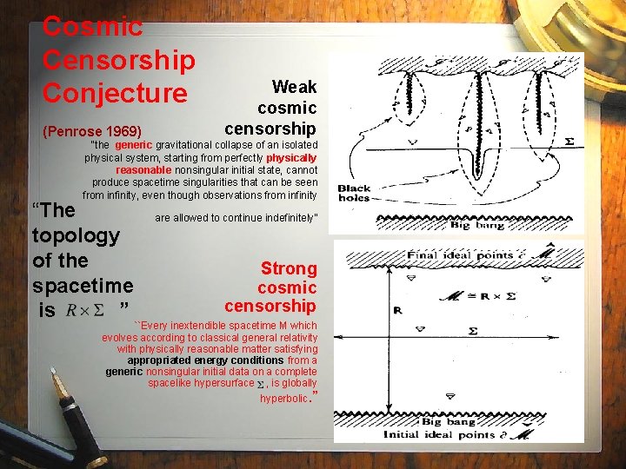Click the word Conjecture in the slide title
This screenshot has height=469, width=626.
(x=115, y=92)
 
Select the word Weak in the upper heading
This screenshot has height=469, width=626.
(x=294, y=87)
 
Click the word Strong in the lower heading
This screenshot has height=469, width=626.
(x=289, y=269)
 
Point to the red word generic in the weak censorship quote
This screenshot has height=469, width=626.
(x=133, y=144)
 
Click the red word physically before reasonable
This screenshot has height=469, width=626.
(x=291, y=158)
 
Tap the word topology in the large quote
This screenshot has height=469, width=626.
(x=75, y=234)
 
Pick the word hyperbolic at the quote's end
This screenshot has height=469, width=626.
(x=284, y=399)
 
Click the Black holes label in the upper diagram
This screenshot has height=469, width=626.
(x=354, y=193)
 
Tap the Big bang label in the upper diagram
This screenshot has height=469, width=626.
(x=474, y=224)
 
